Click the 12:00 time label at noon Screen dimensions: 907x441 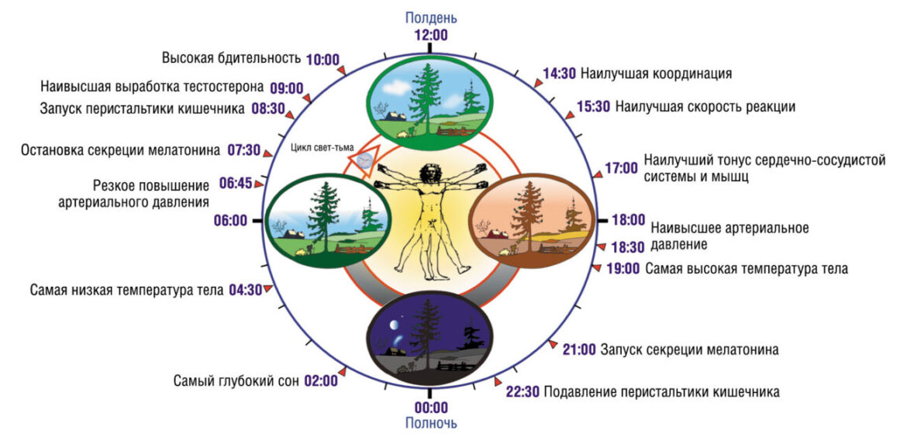(x=431, y=35)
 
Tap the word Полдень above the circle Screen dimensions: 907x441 (x=431, y=17)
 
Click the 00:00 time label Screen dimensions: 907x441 (x=431, y=407)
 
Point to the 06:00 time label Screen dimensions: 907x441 (x=230, y=222)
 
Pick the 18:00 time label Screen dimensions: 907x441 (x=628, y=220)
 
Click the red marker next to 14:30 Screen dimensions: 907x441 (x=538, y=83)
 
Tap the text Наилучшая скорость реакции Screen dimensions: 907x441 (x=705, y=107)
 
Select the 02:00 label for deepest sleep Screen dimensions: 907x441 (x=320, y=381)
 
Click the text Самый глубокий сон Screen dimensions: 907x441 (x=236, y=381)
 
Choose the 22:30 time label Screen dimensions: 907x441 (x=523, y=392)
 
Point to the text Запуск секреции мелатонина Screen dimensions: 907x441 (x=689, y=350)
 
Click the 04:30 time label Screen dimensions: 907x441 (x=245, y=290)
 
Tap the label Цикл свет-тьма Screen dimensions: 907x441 (x=322, y=146)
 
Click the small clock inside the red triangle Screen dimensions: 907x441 (x=364, y=160)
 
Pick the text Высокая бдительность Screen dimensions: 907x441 (x=231, y=58)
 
